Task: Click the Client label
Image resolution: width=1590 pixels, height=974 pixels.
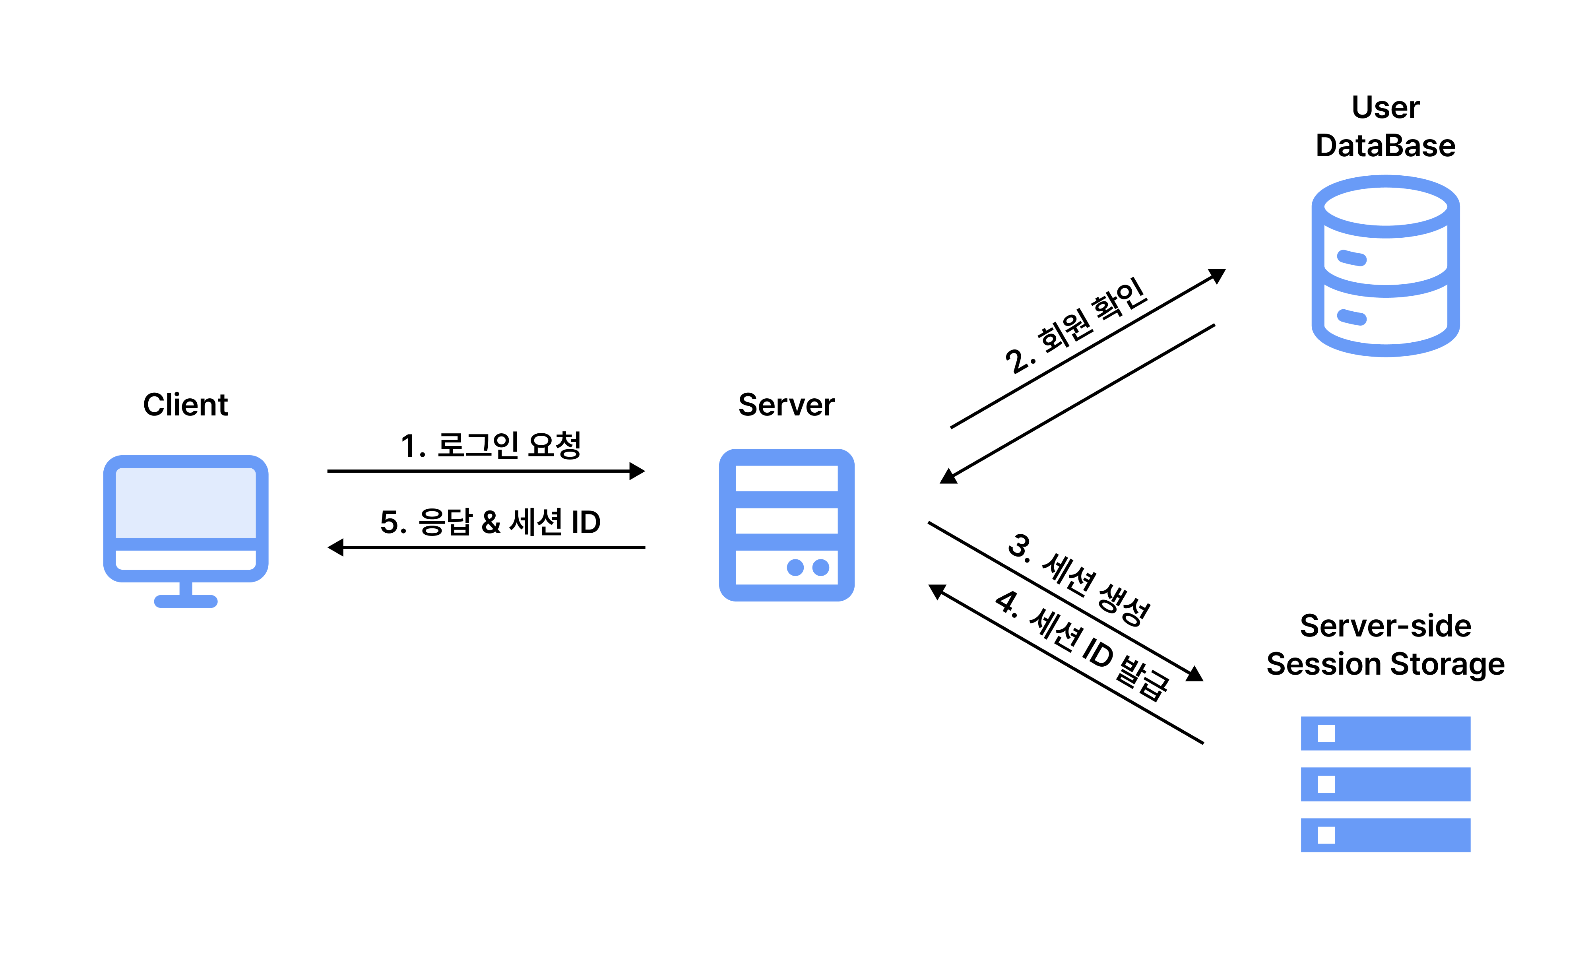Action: [185, 405]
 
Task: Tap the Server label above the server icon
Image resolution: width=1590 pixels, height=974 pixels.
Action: [786, 405]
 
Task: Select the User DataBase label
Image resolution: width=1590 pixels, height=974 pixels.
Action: [1385, 126]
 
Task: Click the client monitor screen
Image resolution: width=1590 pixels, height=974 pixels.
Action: [185, 502]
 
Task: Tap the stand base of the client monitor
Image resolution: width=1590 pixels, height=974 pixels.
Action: [185, 601]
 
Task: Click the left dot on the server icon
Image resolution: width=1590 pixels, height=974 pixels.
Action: [795, 567]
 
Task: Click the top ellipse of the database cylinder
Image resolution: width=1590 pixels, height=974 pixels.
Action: [1385, 207]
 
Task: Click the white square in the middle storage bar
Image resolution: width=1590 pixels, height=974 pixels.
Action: [1326, 784]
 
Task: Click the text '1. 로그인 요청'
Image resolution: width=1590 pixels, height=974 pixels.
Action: [491, 445]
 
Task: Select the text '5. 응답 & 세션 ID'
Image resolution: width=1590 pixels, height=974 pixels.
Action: [491, 522]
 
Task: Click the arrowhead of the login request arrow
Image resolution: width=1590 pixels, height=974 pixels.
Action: [638, 471]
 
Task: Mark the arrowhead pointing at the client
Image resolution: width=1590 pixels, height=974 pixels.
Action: [335, 547]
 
